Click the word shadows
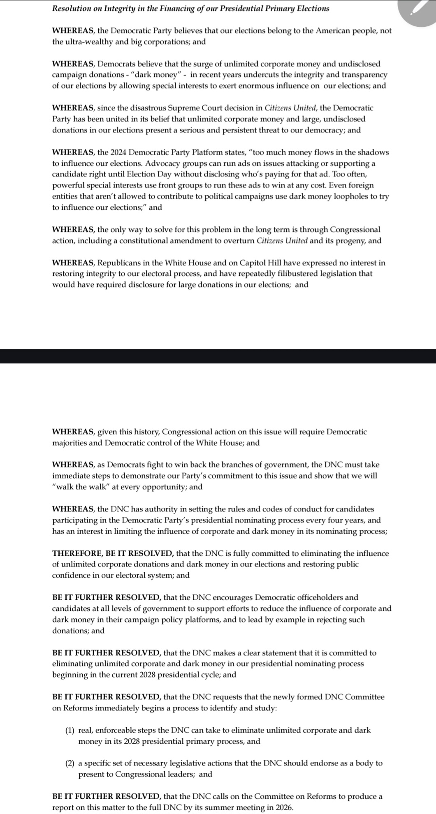click(373, 153)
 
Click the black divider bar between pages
click(218, 356)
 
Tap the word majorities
click(72, 443)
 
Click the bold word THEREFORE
click(75, 553)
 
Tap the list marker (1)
click(70, 731)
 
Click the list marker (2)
click(70, 763)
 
